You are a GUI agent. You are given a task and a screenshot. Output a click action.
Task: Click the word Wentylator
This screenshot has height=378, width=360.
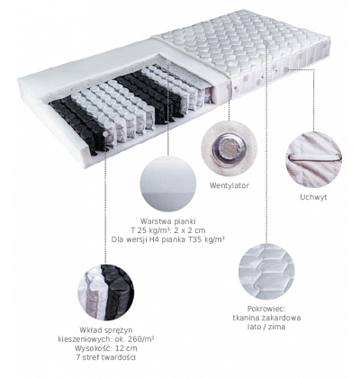229,185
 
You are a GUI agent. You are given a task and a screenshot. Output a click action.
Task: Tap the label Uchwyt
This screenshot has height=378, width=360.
313,197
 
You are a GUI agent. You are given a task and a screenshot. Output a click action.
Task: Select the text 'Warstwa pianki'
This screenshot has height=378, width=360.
168,221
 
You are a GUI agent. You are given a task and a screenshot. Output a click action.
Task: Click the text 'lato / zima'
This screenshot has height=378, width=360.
266,327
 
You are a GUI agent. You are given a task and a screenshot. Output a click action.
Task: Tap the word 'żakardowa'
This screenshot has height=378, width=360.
282,318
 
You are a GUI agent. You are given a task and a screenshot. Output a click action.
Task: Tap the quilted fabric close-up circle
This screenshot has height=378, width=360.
266,271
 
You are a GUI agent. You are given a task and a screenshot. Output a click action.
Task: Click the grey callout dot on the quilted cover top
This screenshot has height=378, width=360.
266,44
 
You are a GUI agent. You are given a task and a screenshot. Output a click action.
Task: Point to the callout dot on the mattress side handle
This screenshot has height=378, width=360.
285,69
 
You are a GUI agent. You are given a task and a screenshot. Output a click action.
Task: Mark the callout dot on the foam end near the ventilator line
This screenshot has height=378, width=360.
229,86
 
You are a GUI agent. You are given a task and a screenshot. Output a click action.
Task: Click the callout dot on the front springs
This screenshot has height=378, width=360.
105,133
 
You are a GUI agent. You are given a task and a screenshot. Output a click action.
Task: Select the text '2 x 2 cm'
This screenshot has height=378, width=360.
191,230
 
